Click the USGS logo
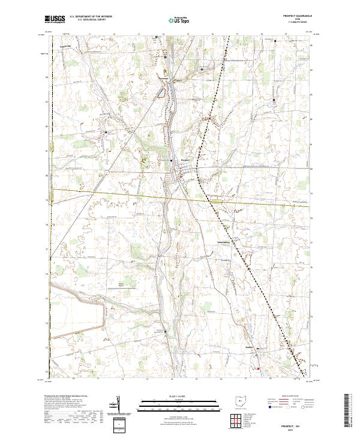point(55,19)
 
